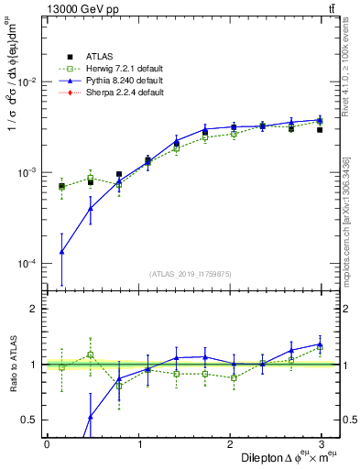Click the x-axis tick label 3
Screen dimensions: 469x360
[324, 442]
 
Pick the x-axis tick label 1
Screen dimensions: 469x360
[140, 442]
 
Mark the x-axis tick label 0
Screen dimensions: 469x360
[47, 442]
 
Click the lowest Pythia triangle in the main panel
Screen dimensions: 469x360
[61, 251]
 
